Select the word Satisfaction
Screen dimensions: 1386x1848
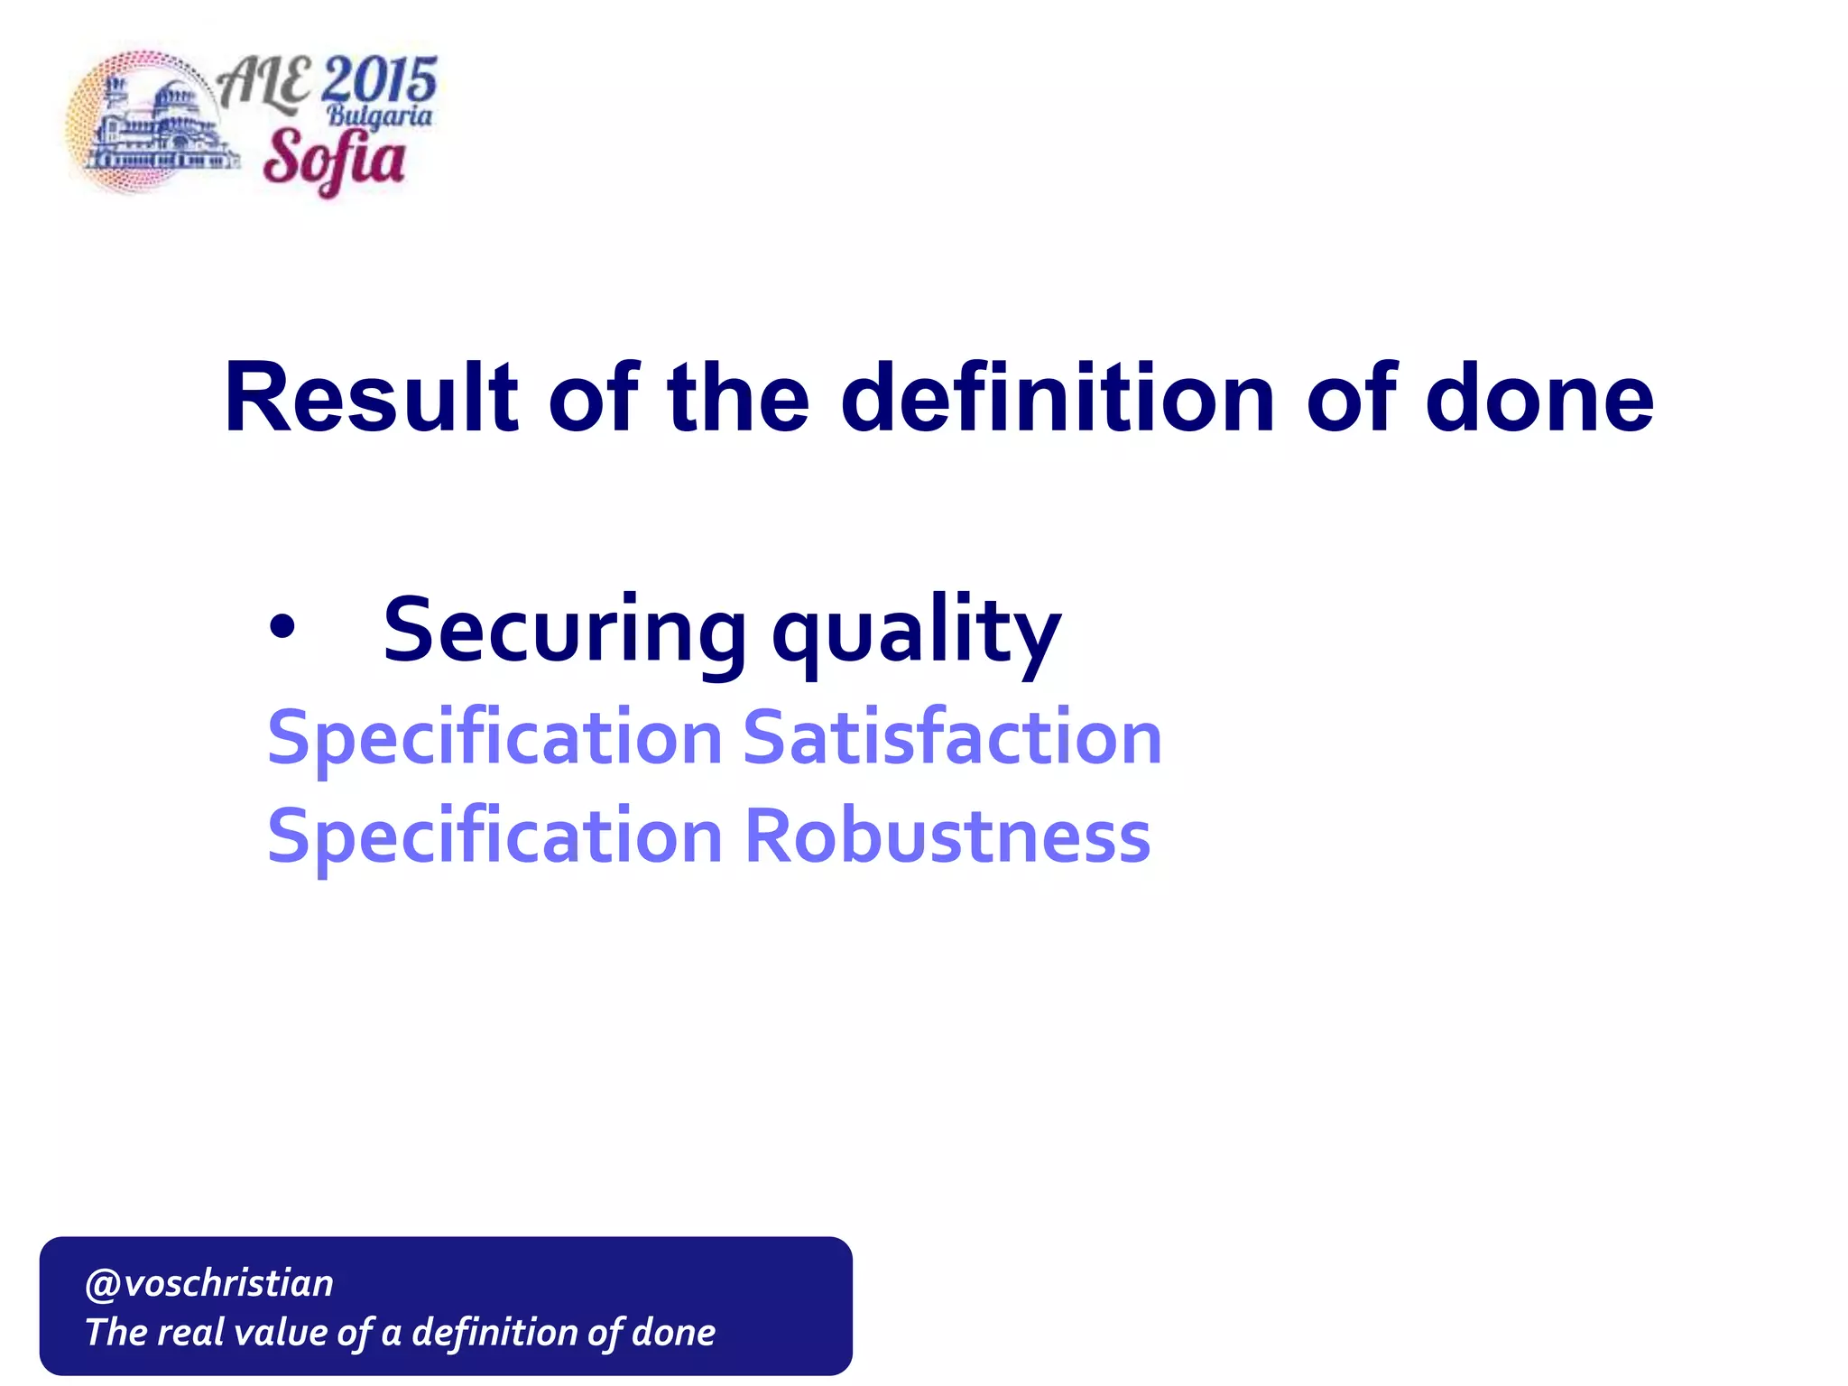tap(952, 737)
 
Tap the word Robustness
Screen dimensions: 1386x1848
tap(947, 836)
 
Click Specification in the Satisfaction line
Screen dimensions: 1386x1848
tap(494, 739)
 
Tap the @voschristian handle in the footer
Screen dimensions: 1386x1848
tap(208, 1282)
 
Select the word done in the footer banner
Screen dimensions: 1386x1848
tap(673, 1332)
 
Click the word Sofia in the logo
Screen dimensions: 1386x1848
tap(334, 159)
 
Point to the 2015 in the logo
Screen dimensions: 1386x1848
tap(378, 80)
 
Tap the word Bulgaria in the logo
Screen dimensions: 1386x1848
tap(379, 115)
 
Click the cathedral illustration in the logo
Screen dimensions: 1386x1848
tap(153, 126)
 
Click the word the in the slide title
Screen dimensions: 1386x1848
tap(737, 397)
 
